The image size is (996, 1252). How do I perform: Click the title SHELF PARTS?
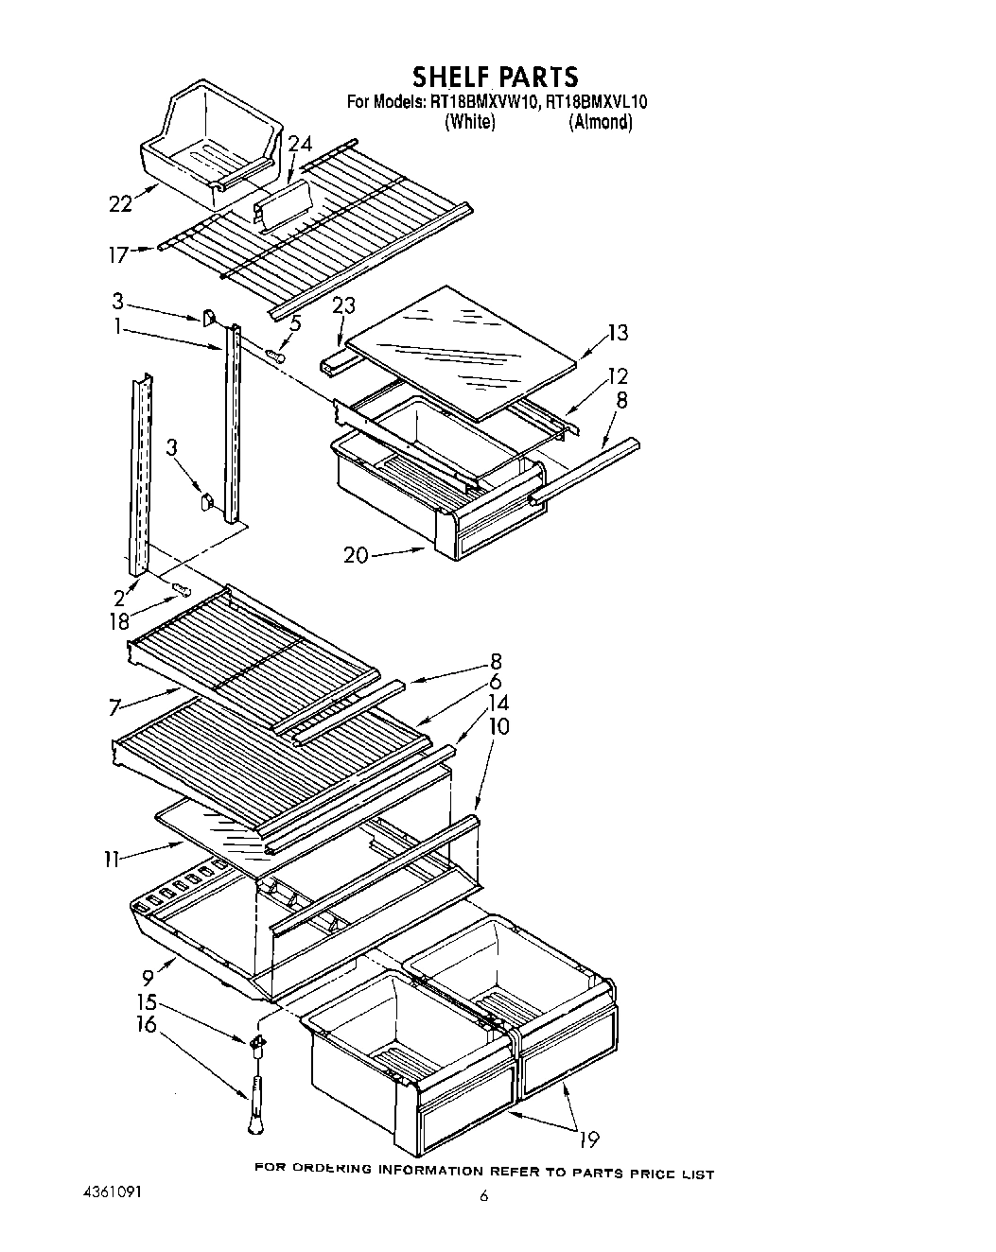[494, 75]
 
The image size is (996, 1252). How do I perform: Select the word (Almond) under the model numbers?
[600, 122]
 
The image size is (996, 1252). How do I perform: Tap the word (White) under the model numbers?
[470, 122]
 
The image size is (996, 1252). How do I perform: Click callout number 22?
[120, 202]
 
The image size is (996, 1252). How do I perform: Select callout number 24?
[299, 144]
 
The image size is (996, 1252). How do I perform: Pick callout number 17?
[117, 252]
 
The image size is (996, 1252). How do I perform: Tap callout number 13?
[618, 333]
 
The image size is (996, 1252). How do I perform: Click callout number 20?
[356, 555]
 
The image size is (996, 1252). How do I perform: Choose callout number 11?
[112, 859]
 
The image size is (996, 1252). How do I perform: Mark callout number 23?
[344, 306]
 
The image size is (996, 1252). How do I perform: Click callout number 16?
[147, 1023]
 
